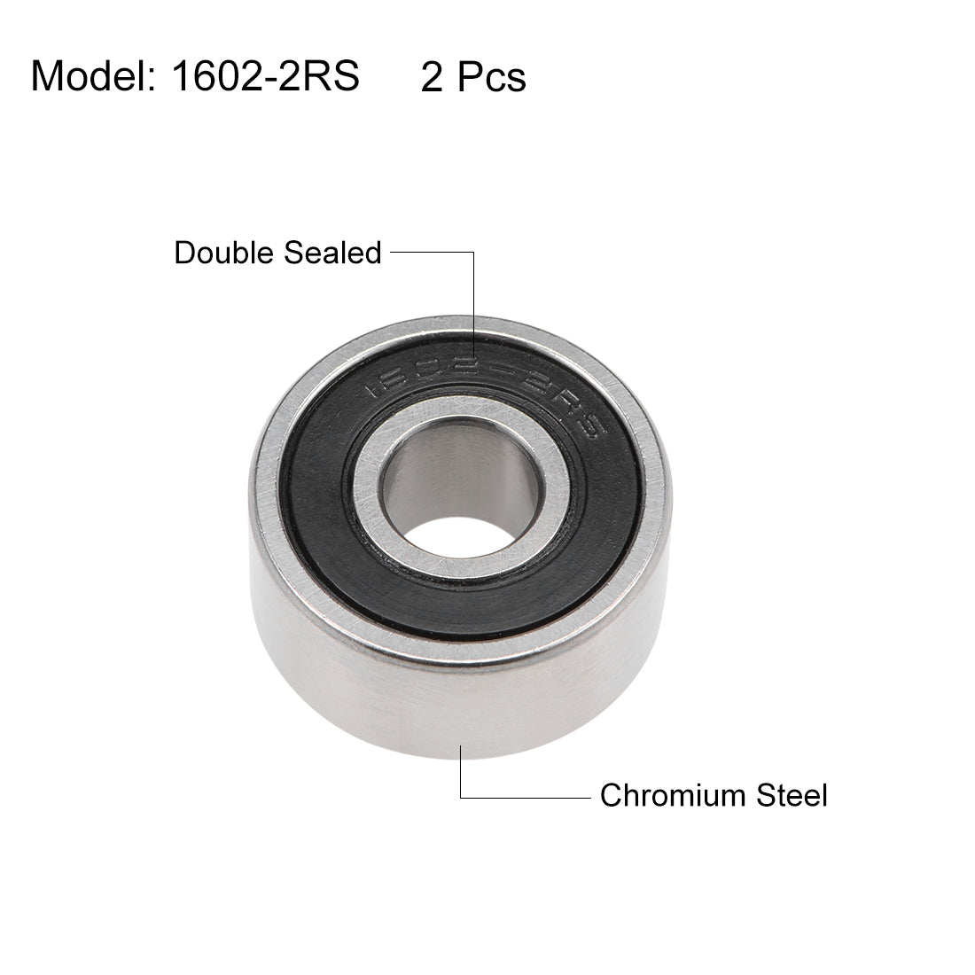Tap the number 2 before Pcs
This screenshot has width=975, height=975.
pyautogui.click(x=432, y=78)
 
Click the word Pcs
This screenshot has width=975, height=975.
pyautogui.click(x=491, y=78)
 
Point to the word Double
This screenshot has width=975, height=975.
pyautogui.click(x=224, y=253)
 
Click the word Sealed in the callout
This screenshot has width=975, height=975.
pyautogui.click(x=332, y=253)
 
